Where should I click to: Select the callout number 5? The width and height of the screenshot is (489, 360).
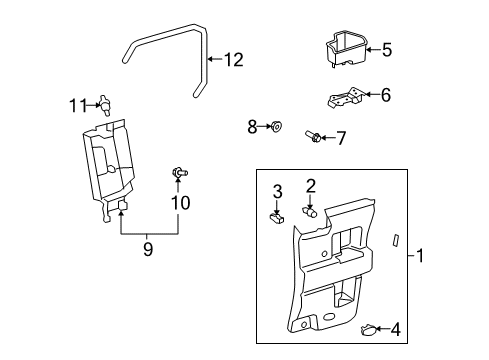386,48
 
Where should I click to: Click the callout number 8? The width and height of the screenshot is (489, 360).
253,126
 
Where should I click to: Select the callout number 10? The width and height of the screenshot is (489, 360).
180,203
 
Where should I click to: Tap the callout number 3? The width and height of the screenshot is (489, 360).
278,190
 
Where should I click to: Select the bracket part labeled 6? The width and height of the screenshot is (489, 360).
344,98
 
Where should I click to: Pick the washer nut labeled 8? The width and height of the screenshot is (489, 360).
278,126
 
